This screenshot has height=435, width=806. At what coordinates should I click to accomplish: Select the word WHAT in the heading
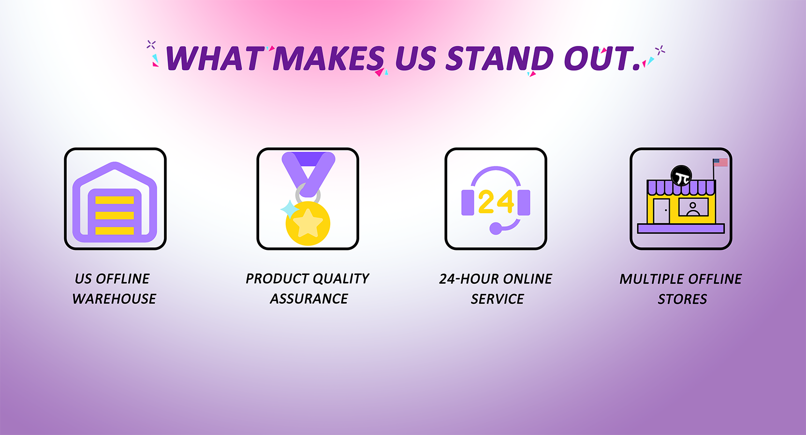(214, 58)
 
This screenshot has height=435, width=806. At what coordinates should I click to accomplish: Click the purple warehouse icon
(115, 202)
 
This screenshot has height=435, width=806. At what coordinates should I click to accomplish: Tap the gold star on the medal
(308, 223)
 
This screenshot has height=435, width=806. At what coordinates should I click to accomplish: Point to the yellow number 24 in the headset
(496, 202)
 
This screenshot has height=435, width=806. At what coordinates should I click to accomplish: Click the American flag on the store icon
(720, 162)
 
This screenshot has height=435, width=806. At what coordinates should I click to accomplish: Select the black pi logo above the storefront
(681, 176)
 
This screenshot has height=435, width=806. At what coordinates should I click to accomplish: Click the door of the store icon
(662, 211)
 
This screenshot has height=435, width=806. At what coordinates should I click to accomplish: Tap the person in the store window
(693, 209)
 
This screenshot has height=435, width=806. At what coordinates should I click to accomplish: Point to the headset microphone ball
(496, 229)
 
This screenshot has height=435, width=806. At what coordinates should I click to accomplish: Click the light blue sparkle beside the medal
(289, 209)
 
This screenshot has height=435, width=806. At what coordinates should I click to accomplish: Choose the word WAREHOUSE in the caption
(114, 299)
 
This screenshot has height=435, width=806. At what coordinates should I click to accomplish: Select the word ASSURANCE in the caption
(309, 299)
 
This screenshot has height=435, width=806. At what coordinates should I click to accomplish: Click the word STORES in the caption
(682, 299)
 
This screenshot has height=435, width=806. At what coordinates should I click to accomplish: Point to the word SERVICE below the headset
(497, 299)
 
